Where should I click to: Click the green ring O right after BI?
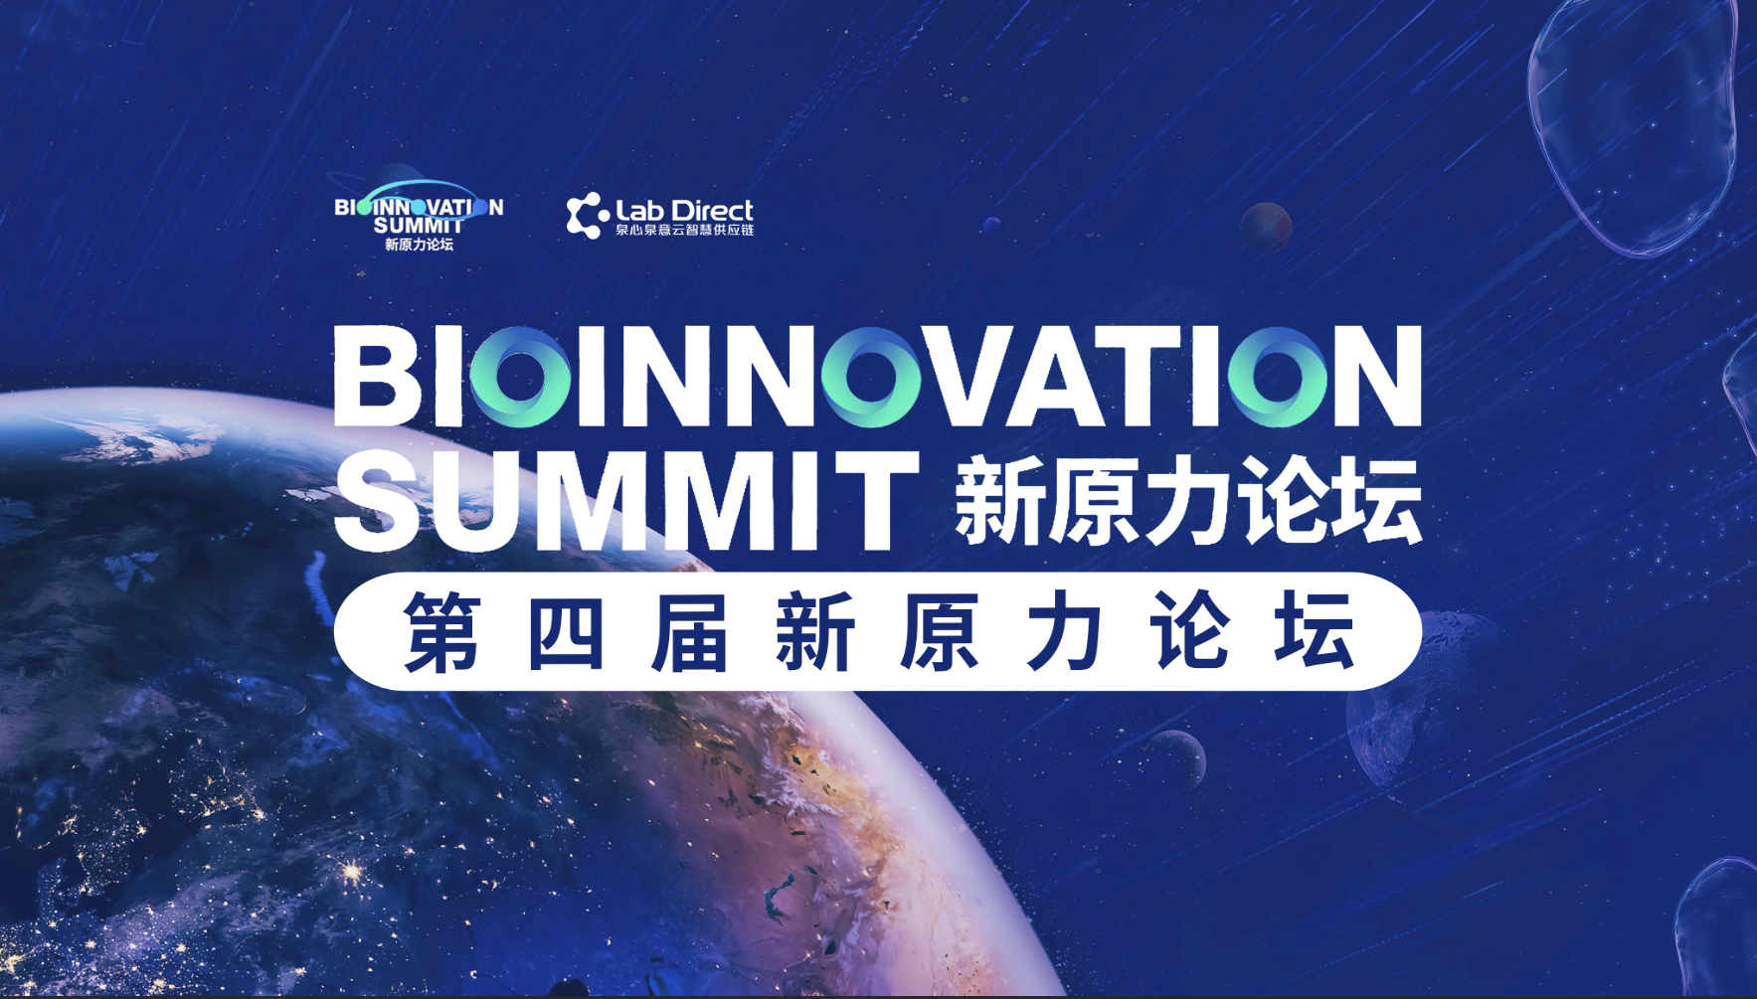519,376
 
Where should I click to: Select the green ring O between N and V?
872,376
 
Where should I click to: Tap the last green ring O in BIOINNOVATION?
1278,376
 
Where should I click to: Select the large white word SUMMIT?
626,500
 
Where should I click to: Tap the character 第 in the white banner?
442,631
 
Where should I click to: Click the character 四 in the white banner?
566,631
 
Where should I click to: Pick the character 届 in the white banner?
690,631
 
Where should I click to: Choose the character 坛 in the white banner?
1316,631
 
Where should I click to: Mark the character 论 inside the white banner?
1189,631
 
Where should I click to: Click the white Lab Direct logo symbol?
587,216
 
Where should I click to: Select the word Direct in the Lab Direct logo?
712,211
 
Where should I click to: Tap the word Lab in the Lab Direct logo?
640,211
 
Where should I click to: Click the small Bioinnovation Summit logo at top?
419,214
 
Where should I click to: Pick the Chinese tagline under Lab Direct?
684,231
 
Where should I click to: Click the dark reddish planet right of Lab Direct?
1266,226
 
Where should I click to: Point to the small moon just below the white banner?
1176,758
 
